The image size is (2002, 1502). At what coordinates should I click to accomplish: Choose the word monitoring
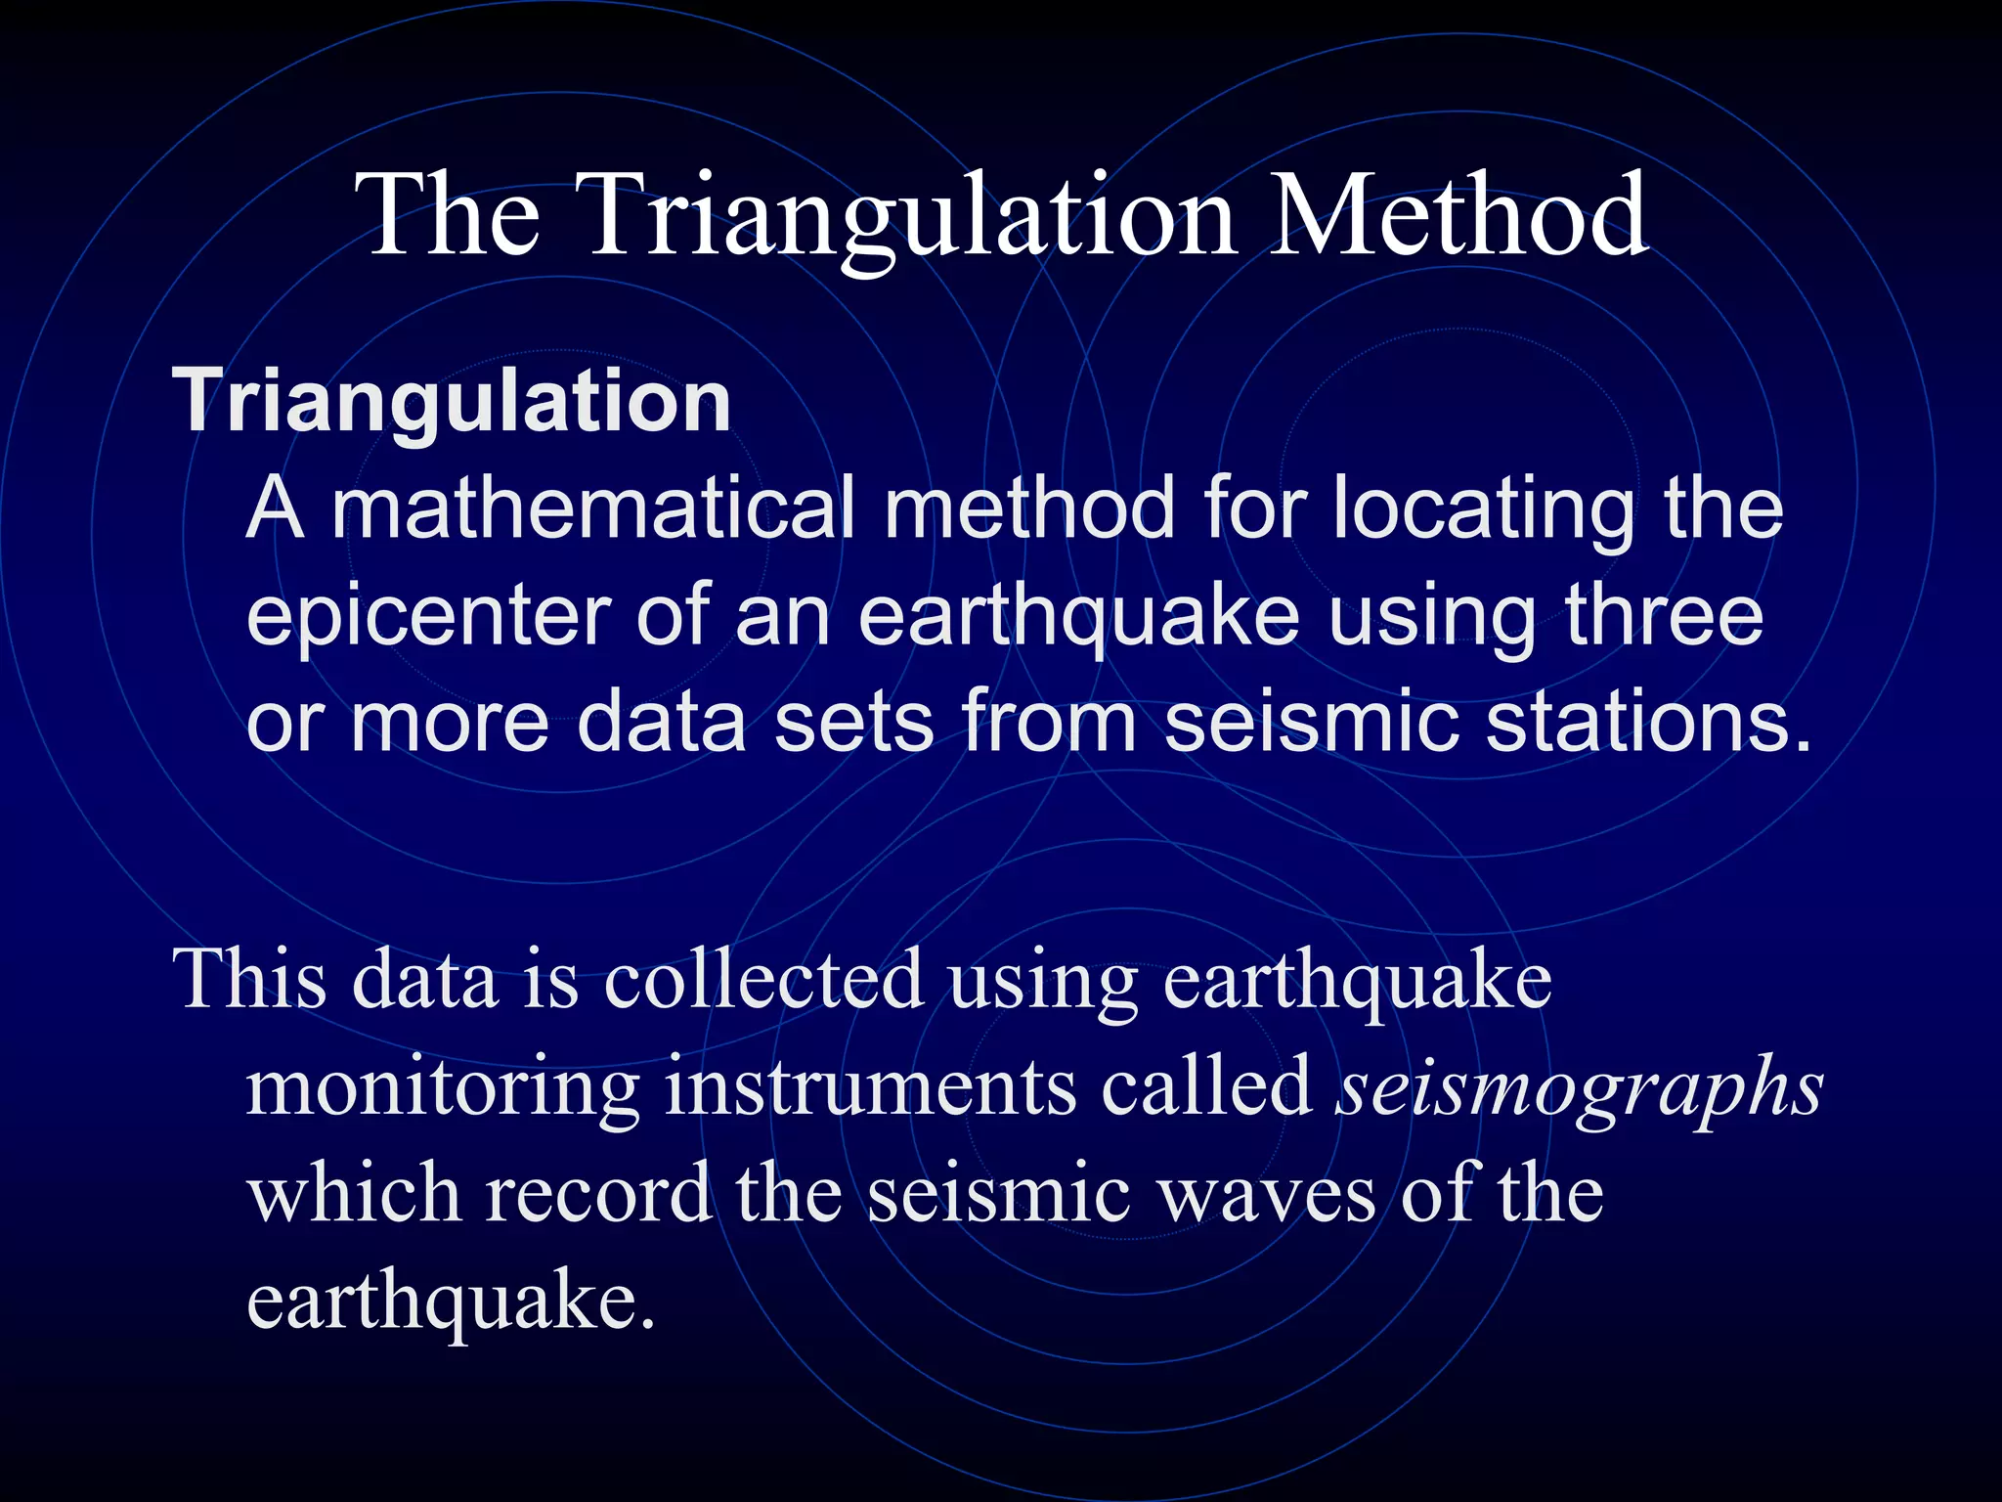[x=442, y=1087]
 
